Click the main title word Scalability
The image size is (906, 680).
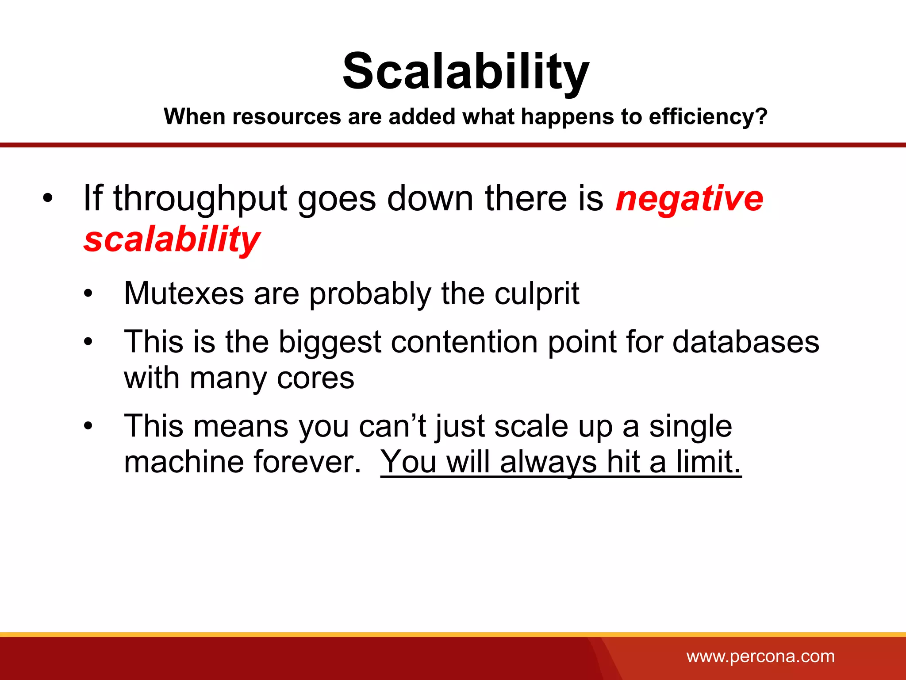[x=465, y=72]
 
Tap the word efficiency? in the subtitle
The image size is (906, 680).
[x=708, y=117]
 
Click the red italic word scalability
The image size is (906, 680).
[x=172, y=239]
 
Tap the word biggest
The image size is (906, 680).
[x=330, y=343]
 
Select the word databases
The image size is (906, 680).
[x=745, y=342]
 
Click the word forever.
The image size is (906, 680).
[x=307, y=462]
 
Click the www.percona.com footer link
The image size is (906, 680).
[x=760, y=656]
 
